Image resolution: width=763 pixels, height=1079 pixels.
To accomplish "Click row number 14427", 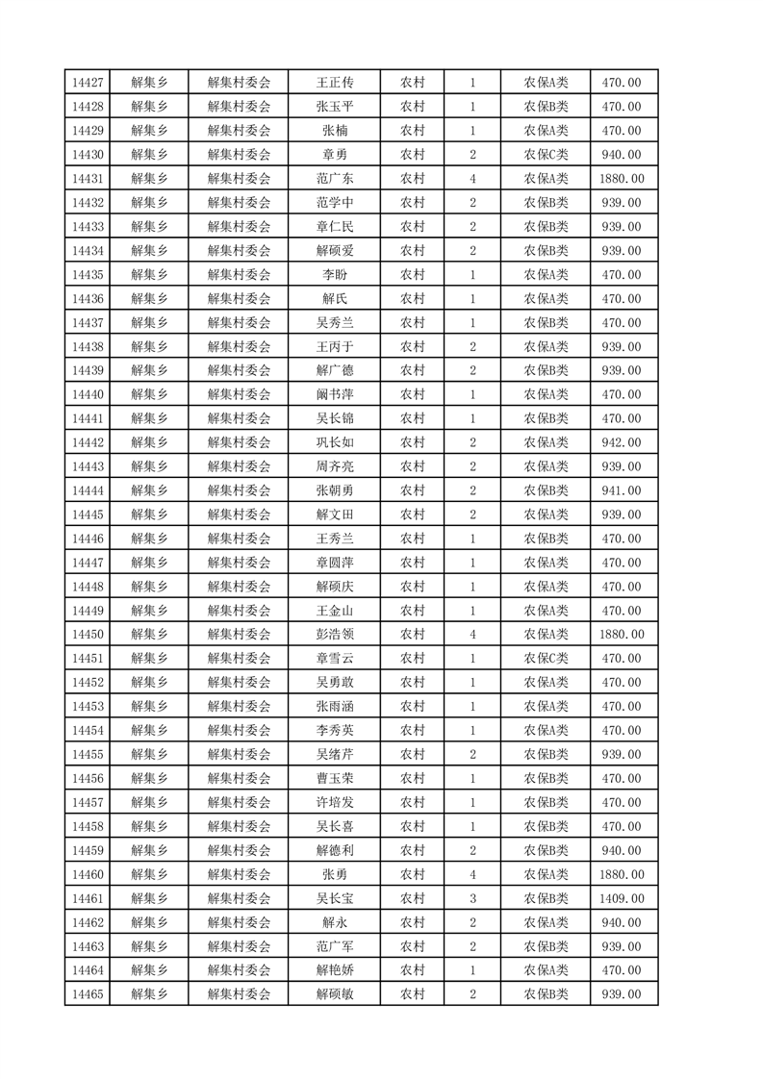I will tap(88, 83).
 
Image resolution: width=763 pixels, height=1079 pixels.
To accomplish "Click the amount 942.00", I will tap(621, 442).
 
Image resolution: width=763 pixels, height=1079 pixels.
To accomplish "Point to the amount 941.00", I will tap(621, 490).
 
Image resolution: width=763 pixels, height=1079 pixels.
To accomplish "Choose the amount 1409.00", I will tap(621, 898).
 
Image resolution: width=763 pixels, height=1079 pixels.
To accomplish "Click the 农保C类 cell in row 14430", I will tap(546, 155).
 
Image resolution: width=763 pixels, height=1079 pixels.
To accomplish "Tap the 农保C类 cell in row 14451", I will tap(546, 659).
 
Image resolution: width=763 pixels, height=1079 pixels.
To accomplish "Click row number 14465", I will tap(88, 994).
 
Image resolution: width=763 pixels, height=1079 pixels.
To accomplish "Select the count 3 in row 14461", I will tap(472, 898).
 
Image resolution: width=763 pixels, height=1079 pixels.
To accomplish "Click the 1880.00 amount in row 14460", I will tap(621, 874).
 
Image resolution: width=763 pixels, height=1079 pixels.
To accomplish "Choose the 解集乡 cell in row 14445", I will tap(149, 514).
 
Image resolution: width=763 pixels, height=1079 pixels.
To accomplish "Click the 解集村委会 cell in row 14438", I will tap(240, 346).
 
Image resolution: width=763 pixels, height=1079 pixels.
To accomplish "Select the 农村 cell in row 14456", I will tap(413, 778).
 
